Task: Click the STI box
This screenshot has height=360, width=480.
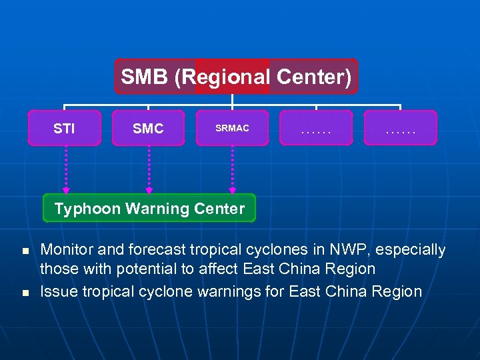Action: (x=64, y=128)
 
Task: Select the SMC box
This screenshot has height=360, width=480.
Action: (x=148, y=128)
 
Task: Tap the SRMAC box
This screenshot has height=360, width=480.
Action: (x=232, y=128)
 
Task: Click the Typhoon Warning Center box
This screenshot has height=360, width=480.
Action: (x=149, y=209)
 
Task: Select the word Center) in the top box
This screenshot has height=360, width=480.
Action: (x=313, y=77)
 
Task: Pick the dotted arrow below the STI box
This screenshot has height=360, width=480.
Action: (x=65, y=169)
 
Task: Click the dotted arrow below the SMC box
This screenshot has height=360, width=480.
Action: (x=149, y=169)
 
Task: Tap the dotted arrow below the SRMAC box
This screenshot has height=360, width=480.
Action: (x=232, y=169)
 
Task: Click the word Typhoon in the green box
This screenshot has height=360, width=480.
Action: (x=86, y=209)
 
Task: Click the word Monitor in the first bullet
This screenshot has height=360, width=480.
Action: (x=67, y=250)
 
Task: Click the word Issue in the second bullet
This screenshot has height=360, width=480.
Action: (x=58, y=291)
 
